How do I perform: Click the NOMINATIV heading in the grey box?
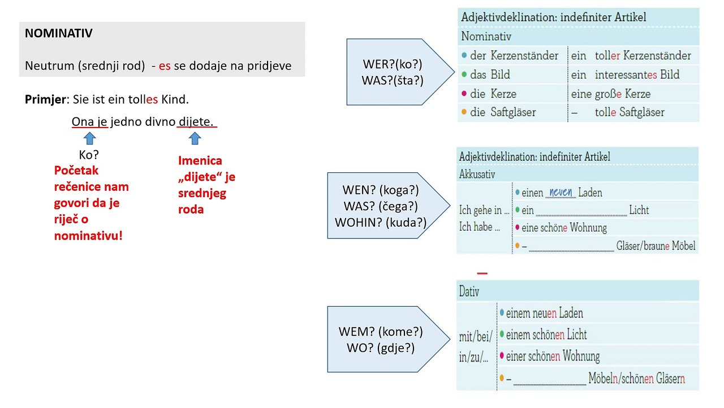[x=58, y=33]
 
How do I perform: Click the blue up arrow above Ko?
[x=89, y=138]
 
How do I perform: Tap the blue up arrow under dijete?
[x=195, y=138]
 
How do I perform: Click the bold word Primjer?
[x=46, y=100]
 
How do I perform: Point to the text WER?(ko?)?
[x=393, y=64]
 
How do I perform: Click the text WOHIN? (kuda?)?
[x=381, y=223]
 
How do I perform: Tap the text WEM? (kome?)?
[x=381, y=331]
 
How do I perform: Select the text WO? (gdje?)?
[x=381, y=348]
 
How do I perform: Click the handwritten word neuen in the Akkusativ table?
[x=561, y=192]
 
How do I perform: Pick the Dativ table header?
[x=469, y=291]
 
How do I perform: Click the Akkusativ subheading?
[x=477, y=174]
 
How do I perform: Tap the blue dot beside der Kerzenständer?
[x=464, y=56]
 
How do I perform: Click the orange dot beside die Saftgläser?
[x=464, y=112]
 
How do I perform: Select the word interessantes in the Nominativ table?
[x=626, y=74]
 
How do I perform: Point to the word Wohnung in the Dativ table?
[x=581, y=356]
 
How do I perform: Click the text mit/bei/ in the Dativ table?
[x=476, y=337]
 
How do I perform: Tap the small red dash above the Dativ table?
[x=482, y=274]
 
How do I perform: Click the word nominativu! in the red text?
[x=88, y=236]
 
